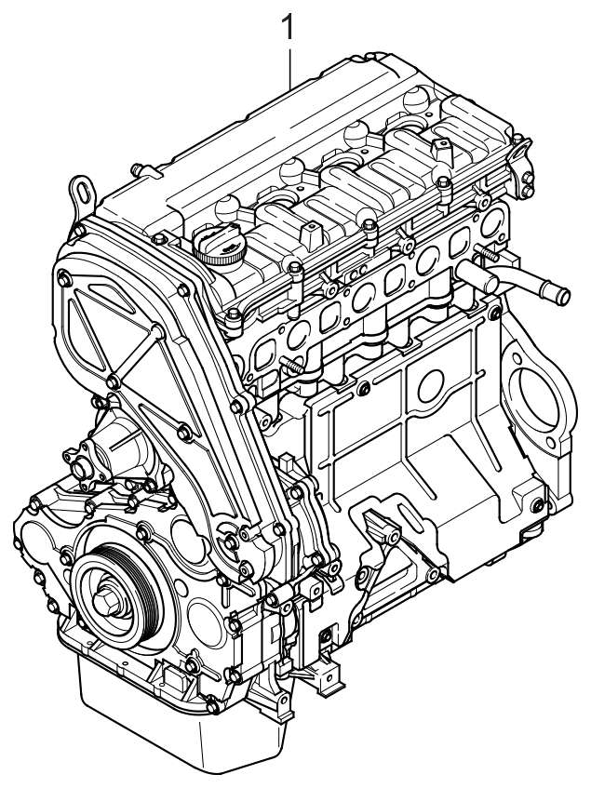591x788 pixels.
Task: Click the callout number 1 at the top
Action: (x=288, y=28)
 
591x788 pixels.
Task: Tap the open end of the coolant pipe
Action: (x=562, y=296)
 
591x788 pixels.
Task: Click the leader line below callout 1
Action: (x=290, y=68)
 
